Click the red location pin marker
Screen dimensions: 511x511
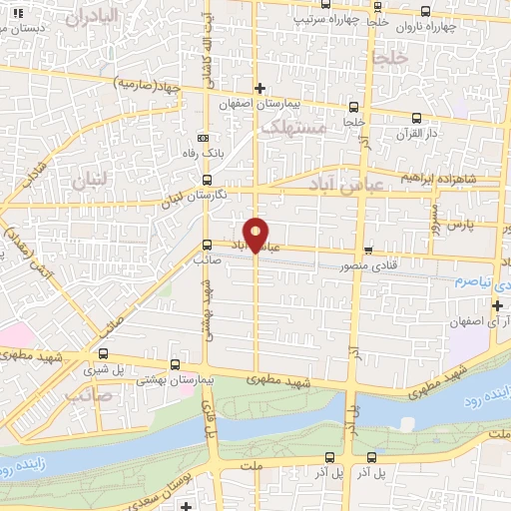(256, 234)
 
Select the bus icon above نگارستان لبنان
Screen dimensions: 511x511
(207, 180)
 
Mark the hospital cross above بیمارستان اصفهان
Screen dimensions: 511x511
(259, 89)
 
